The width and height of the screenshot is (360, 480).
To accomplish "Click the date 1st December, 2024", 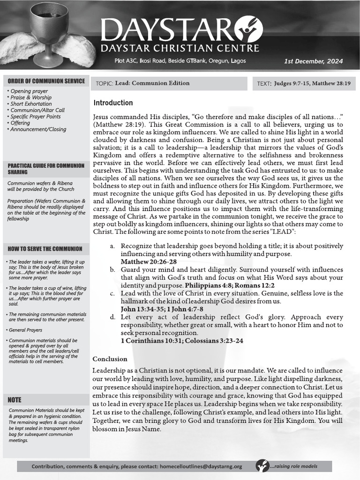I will click(x=314, y=61).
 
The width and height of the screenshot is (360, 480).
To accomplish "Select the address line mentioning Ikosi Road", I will click(x=180, y=61).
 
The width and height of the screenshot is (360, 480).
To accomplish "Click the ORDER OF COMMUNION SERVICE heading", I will click(x=46, y=81).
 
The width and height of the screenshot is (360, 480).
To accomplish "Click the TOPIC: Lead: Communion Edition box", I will click(x=168, y=83).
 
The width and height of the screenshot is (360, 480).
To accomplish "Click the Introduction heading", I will click(x=113, y=103).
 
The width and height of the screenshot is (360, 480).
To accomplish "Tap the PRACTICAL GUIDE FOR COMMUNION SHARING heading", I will click(x=46, y=169).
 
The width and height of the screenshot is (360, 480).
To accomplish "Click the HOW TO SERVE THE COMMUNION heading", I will click(x=45, y=249).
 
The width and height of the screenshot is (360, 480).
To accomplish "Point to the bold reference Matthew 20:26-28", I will click(x=149, y=262).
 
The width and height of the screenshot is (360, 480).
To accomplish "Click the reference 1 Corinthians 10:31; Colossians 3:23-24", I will click(x=182, y=341).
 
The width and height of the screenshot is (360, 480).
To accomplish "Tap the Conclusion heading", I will click(x=110, y=359).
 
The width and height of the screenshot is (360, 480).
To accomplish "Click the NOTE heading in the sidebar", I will click(x=15, y=400).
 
